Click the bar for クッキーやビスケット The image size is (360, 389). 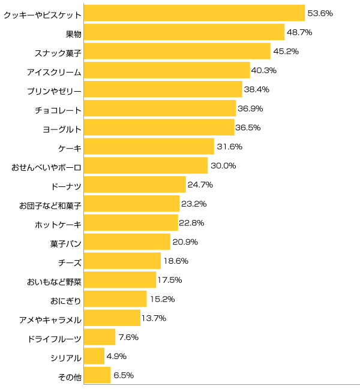(x=194, y=13)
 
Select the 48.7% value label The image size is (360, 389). (x=299, y=32)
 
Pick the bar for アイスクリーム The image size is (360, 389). (x=167, y=71)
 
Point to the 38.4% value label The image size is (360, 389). (x=257, y=90)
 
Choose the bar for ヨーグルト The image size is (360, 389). (x=159, y=128)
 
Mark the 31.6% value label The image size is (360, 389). (x=229, y=147)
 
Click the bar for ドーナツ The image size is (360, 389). (x=135, y=185)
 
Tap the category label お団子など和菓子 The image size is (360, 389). (x=50, y=205)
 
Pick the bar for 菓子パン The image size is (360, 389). (x=127, y=242)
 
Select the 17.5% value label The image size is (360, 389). (x=170, y=280)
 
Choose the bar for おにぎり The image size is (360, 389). (x=115, y=298)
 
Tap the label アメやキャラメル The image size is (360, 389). (x=50, y=319)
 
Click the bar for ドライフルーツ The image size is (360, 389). (x=100, y=337)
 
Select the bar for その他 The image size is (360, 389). (x=98, y=375)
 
